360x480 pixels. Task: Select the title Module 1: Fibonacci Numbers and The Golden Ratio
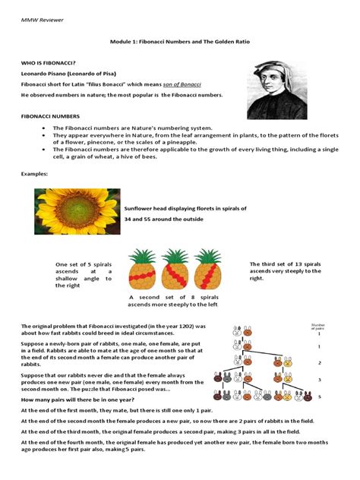pyautogui.click(x=178, y=46)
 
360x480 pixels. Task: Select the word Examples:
pyautogui.click(x=35, y=174)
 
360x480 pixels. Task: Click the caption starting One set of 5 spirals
pyautogui.click(x=83, y=275)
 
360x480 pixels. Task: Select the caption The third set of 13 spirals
pyautogui.click(x=285, y=271)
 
